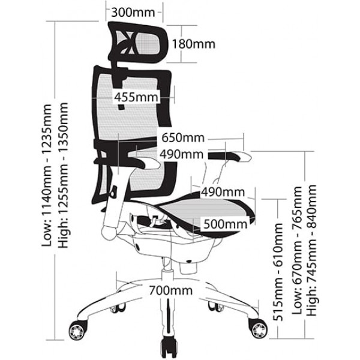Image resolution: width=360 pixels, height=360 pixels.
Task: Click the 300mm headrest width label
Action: (x=133, y=13)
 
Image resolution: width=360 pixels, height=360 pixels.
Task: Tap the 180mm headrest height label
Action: (x=194, y=44)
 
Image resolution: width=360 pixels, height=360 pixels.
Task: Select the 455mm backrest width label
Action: (x=136, y=97)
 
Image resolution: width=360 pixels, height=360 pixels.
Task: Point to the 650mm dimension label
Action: (x=183, y=138)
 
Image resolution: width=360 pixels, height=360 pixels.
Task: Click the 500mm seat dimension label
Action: (x=225, y=224)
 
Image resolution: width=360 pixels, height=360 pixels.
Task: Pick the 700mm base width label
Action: (x=171, y=290)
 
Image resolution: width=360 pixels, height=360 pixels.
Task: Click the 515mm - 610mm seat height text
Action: (x=278, y=272)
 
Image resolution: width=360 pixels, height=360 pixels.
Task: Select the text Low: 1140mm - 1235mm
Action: (x=47, y=175)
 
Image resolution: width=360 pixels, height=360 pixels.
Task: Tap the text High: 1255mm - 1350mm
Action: (x=63, y=175)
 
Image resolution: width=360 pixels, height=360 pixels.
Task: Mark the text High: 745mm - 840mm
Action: (x=312, y=250)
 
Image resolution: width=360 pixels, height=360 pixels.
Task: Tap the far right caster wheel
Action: (x=259, y=329)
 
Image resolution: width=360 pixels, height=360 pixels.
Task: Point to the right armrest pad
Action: (x=230, y=157)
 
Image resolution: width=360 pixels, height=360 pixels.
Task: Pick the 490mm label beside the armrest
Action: (x=182, y=154)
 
